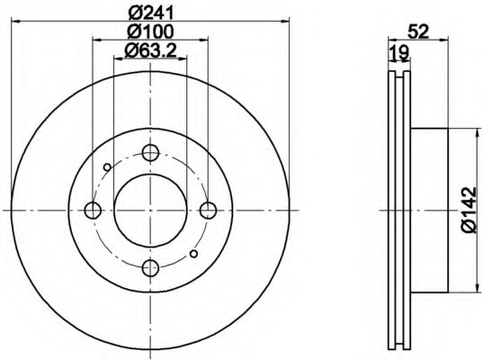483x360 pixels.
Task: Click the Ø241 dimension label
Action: (x=151, y=13)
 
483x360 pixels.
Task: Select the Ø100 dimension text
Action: (x=150, y=31)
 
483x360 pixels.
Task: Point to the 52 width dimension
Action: (x=418, y=31)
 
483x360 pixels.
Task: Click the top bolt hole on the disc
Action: (x=150, y=152)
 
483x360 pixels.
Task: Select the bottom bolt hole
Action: (x=150, y=268)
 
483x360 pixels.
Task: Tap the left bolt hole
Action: (x=93, y=211)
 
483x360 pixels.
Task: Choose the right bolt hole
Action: (x=209, y=211)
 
